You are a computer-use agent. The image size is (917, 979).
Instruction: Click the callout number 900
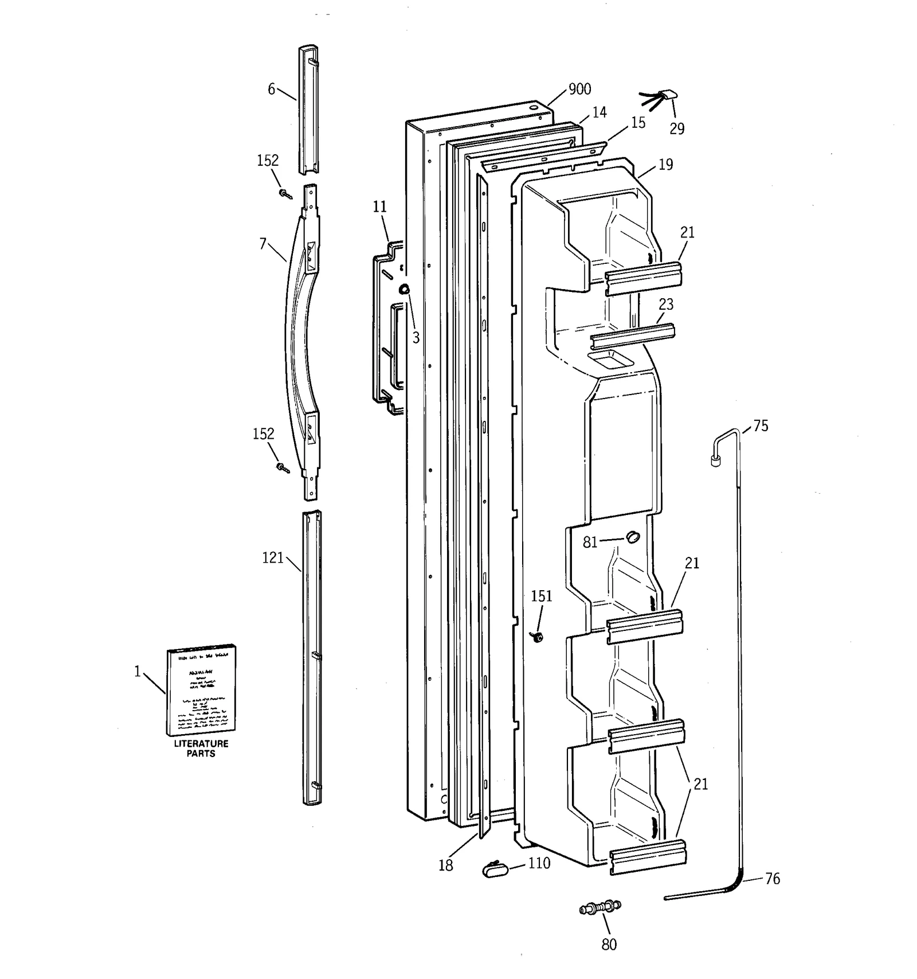579,89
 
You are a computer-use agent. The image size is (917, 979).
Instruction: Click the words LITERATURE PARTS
201,748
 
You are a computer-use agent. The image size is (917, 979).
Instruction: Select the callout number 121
273,557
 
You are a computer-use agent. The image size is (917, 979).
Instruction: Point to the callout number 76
772,879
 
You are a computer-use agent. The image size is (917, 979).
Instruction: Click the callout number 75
761,426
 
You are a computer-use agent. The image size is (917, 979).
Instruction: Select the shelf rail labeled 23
633,336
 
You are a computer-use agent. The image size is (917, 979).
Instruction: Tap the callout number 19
665,165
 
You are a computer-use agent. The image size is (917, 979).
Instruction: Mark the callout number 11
380,206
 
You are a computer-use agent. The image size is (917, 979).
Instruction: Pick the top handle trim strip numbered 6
308,109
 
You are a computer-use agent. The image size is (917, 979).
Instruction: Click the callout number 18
445,865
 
